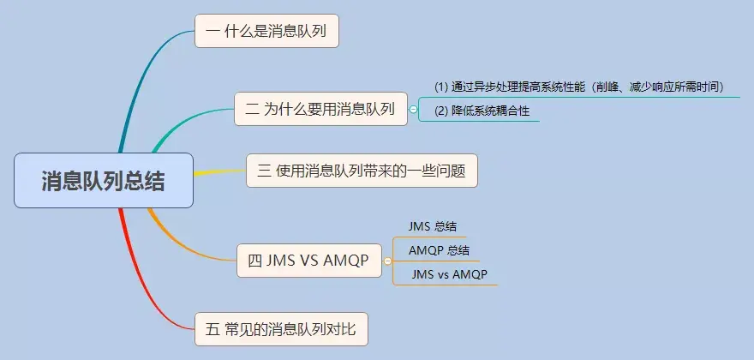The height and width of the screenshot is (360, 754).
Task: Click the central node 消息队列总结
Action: pos(104,180)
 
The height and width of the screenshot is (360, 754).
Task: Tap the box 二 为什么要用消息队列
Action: pos(320,109)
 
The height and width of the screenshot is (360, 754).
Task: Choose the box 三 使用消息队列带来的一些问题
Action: pos(361,171)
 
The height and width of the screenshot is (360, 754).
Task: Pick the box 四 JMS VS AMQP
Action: pos(308,261)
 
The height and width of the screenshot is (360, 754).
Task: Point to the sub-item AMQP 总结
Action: pos(439,250)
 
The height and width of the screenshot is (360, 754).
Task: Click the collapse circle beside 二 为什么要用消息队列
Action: pos(414,110)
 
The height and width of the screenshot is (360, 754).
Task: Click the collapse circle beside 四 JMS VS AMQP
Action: pos(388,261)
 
